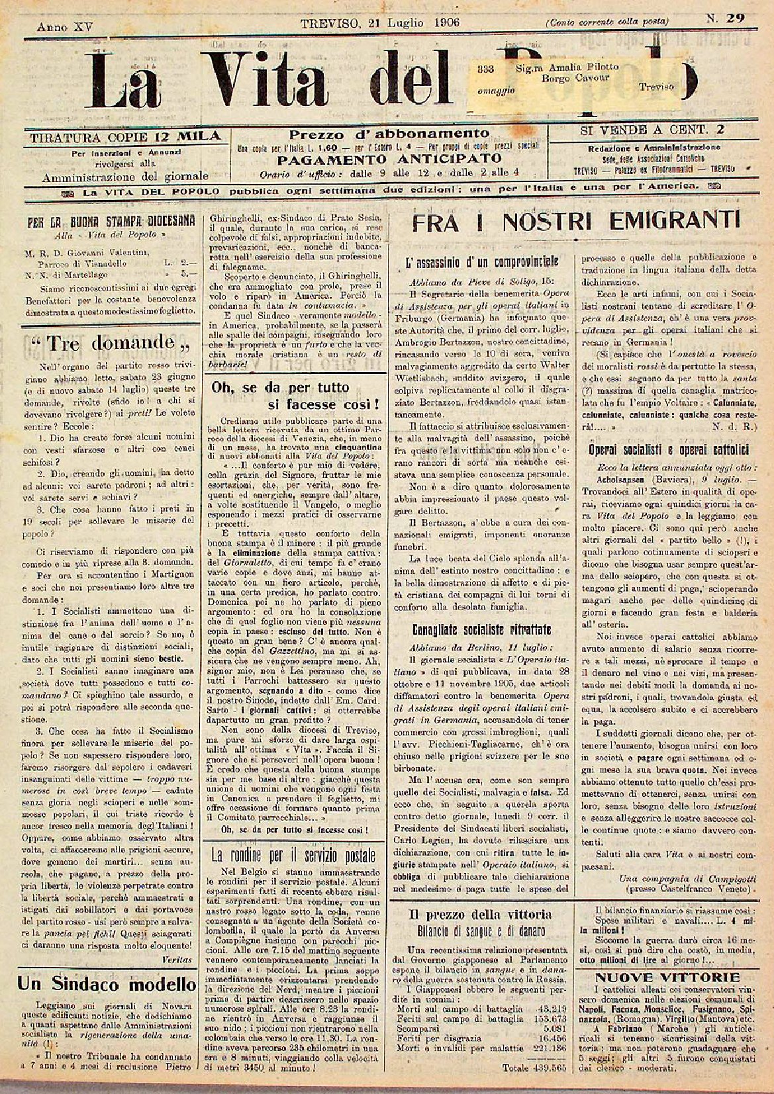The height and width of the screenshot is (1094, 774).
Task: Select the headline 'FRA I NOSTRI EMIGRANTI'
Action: coord(575,221)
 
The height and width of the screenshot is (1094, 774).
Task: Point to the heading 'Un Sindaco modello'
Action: coord(106,983)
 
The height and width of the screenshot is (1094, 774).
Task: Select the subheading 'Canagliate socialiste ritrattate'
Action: coord(481,629)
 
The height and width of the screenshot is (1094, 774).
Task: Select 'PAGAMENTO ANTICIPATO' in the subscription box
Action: coord(389,159)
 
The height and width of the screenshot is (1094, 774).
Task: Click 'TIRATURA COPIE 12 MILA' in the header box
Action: coord(124,136)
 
